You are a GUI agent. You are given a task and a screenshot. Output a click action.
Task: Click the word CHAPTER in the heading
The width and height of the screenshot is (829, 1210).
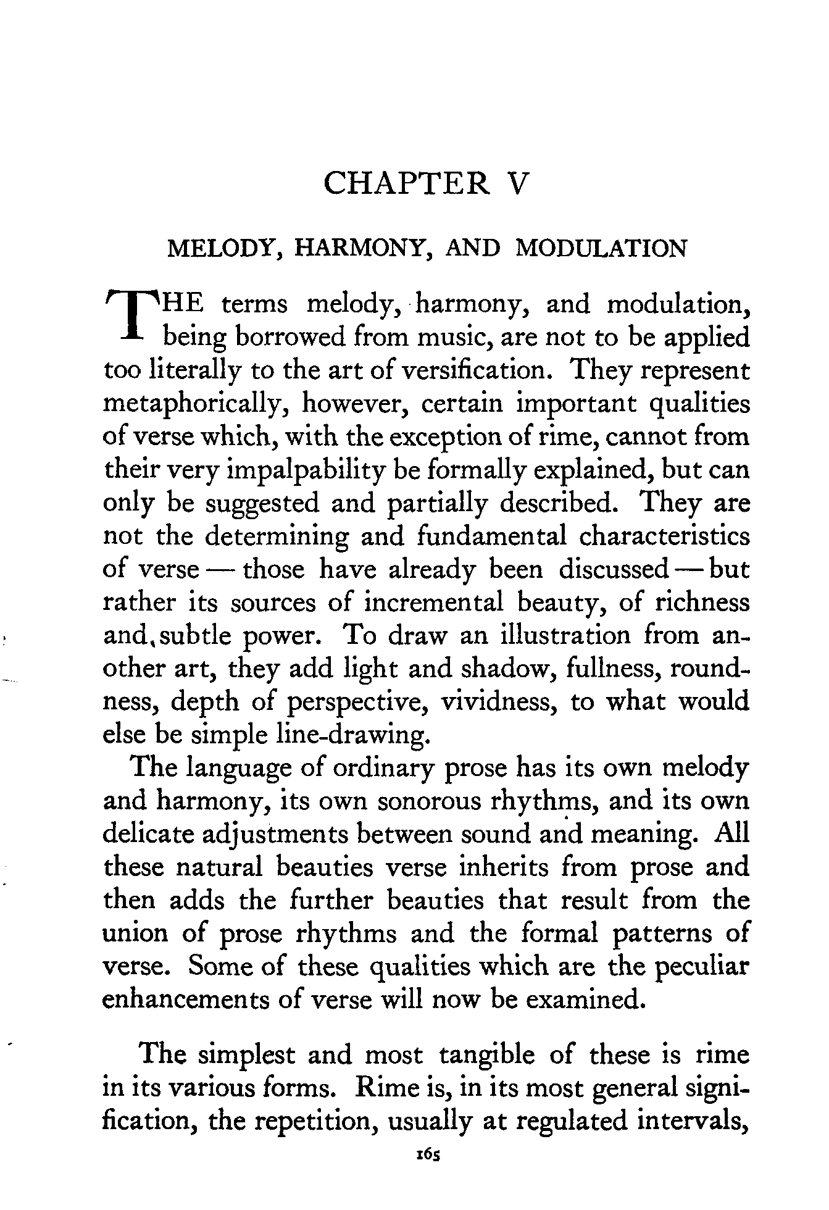407,183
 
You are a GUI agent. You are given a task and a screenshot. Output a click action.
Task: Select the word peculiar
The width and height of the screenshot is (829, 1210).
701,967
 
